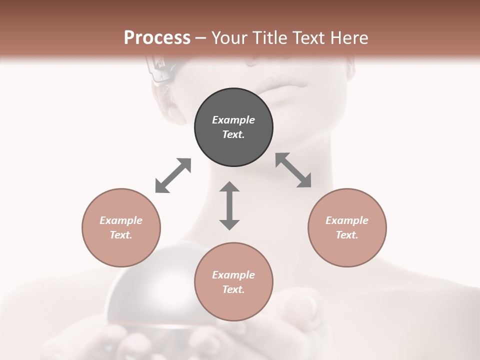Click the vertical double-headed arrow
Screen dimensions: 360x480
click(x=229, y=205)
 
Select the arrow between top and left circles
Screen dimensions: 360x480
click(x=173, y=175)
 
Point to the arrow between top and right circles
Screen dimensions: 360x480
click(x=293, y=170)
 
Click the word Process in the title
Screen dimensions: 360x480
click(x=157, y=38)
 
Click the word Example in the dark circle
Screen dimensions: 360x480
click(x=233, y=120)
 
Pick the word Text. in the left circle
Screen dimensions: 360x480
click(x=121, y=235)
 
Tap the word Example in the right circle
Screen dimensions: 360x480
click(x=347, y=220)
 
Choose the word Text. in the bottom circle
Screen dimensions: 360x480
click(x=233, y=289)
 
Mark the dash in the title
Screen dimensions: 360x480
click(x=201, y=38)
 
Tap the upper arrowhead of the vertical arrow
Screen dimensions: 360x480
click(x=229, y=187)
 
